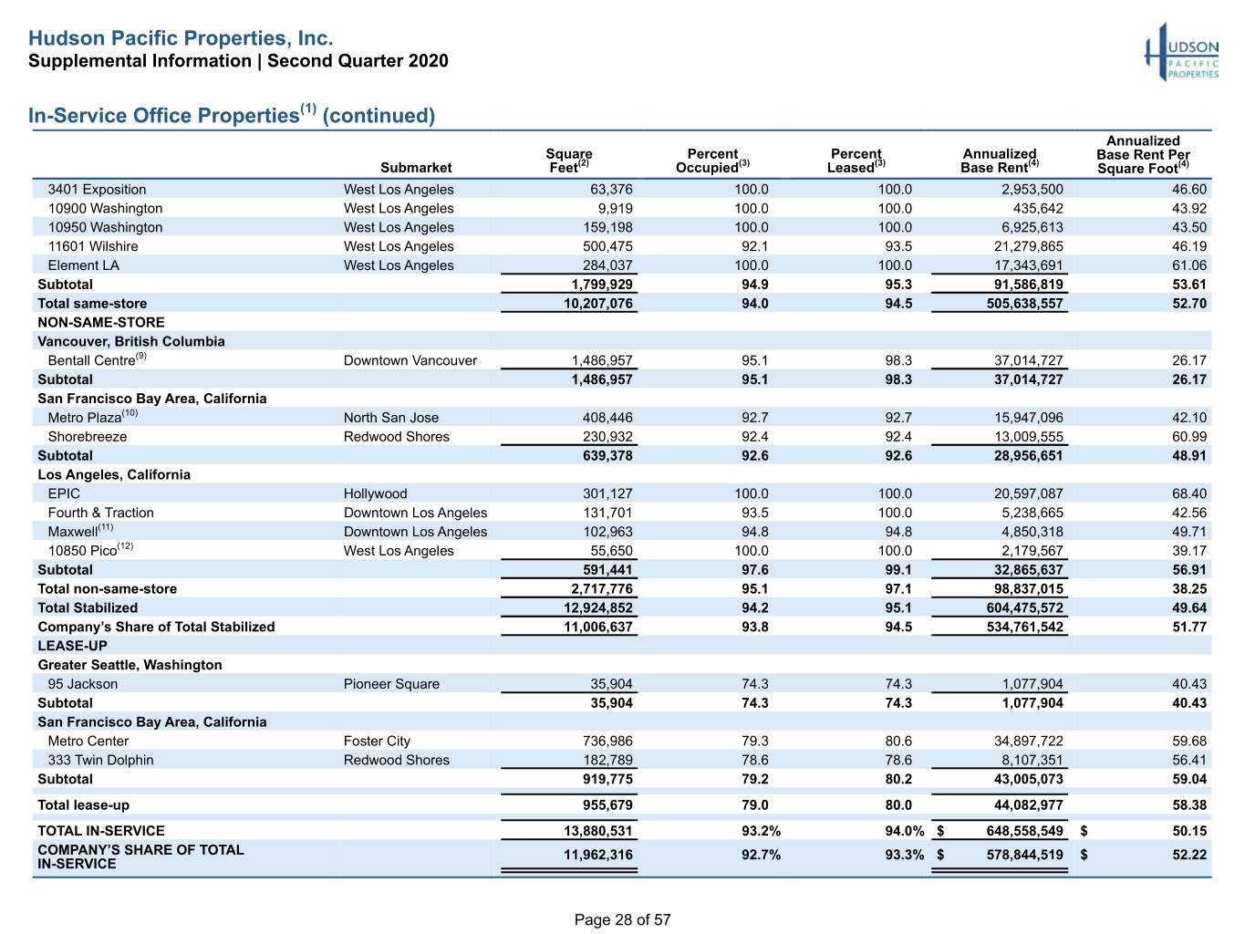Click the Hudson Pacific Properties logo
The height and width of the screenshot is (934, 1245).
click(x=1181, y=52)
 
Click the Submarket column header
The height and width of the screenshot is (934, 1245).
click(x=416, y=167)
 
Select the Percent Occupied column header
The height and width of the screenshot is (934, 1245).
click(x=712, y=161)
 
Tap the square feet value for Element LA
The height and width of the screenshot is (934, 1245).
click(x=607, y=265)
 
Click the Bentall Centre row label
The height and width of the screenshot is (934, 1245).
click(x=97, y=359)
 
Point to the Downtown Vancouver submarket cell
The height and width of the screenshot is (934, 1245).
click(x=410, y=360)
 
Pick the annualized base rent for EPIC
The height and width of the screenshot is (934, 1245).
click(x=1028, y=493)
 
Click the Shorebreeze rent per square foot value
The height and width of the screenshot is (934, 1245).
click(x=1189, y=437)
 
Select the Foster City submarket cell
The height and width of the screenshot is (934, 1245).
click(x=377, y=741)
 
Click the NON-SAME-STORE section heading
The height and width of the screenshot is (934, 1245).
click(x=101, y=322)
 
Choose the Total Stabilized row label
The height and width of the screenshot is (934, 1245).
click(x=88, y=607)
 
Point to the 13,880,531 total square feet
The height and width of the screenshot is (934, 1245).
click(x=597, y=831)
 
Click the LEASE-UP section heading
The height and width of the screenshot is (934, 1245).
click(x=72, y=646)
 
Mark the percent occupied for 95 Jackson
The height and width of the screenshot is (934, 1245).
click(x=755, y=684)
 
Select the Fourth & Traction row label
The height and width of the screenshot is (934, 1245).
click(x=101, y=513)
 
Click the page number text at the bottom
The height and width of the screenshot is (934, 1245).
click(x=622, y=919)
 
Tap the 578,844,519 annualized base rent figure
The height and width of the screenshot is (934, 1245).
click(x=1024, y=855)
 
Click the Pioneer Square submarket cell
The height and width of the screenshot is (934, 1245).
click(x=391, y=684)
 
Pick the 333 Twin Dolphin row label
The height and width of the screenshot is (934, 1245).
click(x=100, y=760)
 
